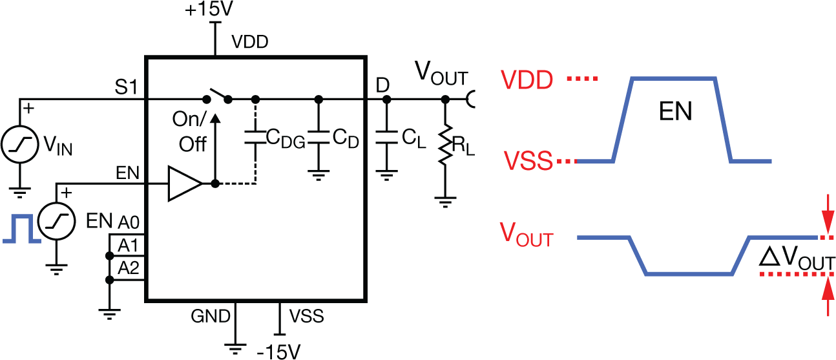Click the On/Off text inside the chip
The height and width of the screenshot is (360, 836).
point(192,132)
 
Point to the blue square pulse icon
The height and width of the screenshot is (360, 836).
point(17,231)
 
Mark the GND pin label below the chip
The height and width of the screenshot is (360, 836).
point(210,316)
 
